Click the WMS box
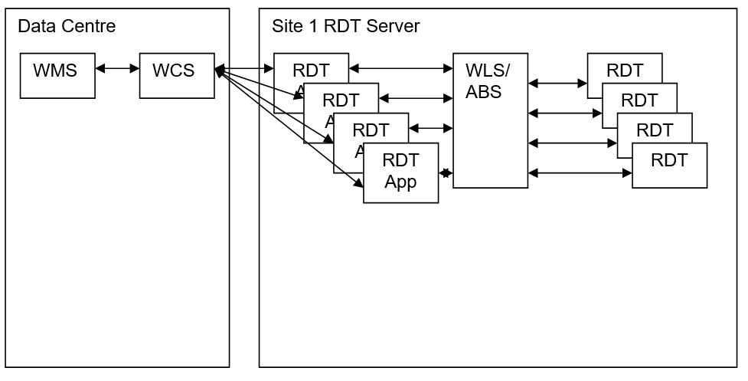(57, 75)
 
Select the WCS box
(177, 75)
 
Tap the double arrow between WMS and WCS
(117, 69)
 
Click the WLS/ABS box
(490, 120)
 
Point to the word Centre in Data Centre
(89, 27)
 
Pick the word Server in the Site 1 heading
(393, 27)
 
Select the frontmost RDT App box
(400, 172)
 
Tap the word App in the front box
(400, 182)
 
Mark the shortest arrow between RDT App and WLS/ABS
(445, 174)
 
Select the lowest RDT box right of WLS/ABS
(669, 165)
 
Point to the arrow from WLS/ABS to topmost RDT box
(557, 82)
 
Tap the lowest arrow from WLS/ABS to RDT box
(580, 174)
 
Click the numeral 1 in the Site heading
(310, 27)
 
